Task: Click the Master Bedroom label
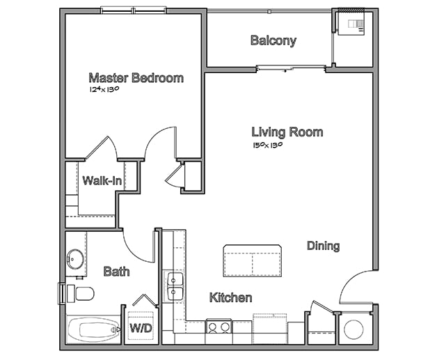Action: point(136,78)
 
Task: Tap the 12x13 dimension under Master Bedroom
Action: point(104,89)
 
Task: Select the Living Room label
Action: point(287,132)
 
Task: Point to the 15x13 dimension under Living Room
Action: point(267,145)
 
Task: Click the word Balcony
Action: point(274,40)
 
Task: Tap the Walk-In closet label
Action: point(102,180)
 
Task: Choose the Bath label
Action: point(116,272)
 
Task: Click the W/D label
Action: point(141,328)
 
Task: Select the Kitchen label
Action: point(230,297)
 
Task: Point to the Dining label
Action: point(323,246)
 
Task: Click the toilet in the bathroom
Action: point(81,294)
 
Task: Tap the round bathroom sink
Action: point(75,259)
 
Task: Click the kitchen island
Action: point(253,261)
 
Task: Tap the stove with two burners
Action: point(219,326)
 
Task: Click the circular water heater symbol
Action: point(354,329)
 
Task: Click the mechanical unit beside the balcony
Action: point(351,24)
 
